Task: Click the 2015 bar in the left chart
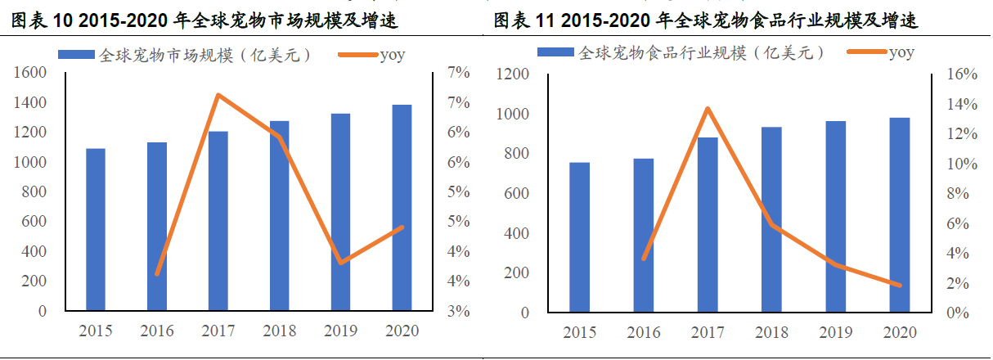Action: tap(96, 230)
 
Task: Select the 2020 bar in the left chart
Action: tap(402, 208)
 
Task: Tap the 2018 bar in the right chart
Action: tap(771, 220)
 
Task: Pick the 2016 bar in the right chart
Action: tap(644, 236)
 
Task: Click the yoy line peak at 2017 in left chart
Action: tap(218, 95)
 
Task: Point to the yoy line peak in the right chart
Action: tap(708, 108)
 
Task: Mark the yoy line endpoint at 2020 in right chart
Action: tap(899, 286)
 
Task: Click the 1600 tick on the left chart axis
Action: tap(30, 74)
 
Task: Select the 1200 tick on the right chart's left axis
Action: tap(513, 74)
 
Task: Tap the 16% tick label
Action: tap(962, 74)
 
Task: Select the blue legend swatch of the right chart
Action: tap(555, 53)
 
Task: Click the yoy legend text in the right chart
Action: tap(901, 53)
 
